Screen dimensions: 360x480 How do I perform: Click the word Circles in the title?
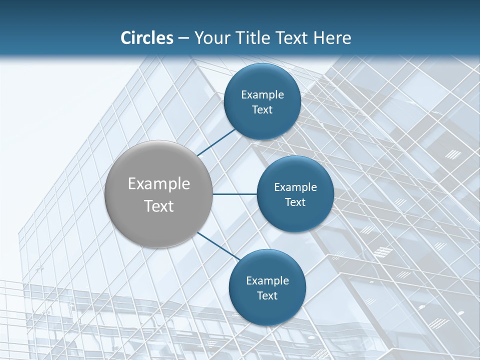(x=147, y=38)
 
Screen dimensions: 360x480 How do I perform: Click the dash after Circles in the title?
(x=183, y=38)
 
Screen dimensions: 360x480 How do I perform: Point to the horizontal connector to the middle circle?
(x=234, y=194)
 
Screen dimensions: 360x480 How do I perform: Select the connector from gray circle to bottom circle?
(x=218, y=246)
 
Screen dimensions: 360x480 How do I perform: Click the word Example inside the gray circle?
(x=159, y=184)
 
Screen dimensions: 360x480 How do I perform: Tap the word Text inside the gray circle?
(x=159, y=206)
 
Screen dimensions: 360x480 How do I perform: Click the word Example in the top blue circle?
(x=262, y=95)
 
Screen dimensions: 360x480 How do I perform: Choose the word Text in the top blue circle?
(x=262, y=110)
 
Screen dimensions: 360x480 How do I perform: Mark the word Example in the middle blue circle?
(x=295, y=187)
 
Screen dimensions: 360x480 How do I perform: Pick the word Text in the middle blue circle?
(x=295, y=202)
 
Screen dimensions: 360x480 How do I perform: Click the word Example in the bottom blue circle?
(x=267, y=281)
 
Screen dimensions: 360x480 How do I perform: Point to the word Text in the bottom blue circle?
(x=267, y=296)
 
